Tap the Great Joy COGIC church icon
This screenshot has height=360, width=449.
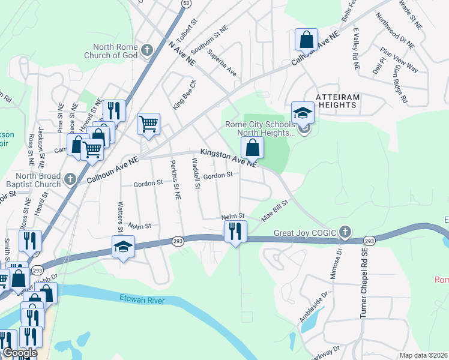point(345,231)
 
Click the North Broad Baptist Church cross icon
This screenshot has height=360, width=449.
point(70,179)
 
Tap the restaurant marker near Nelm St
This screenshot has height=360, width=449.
point(235,231)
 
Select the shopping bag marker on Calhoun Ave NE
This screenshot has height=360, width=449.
point(306,40)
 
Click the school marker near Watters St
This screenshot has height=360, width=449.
point(123,247)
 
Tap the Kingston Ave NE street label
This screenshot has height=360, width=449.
point(229,158)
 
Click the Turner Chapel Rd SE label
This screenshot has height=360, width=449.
point(363,282)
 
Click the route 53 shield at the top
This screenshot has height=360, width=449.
point(186,4)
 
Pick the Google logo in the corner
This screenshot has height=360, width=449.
point(19,353)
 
